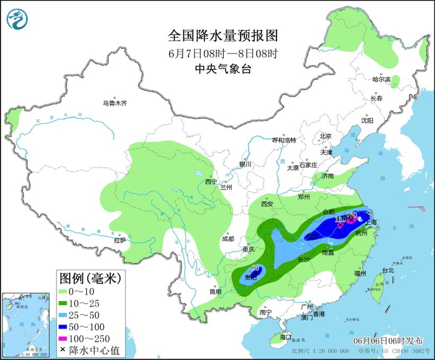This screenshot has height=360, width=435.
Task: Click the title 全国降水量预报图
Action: point(217,34)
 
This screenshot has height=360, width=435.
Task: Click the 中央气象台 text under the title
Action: point(217,70)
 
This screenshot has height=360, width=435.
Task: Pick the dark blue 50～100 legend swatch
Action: point(66,327)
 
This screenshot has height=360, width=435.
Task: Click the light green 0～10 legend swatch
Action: point(66,290)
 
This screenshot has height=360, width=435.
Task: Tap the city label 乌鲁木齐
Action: point(115,103)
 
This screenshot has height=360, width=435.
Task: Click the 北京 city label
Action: point(326,136)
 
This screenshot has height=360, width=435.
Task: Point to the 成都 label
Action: point(227,239)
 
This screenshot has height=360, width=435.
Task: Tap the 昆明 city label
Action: point(215,291)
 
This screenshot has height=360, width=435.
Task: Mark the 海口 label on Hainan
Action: point(285,336)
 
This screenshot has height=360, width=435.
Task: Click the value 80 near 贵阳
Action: point(255,268)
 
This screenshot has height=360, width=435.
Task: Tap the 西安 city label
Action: point(267,203)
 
